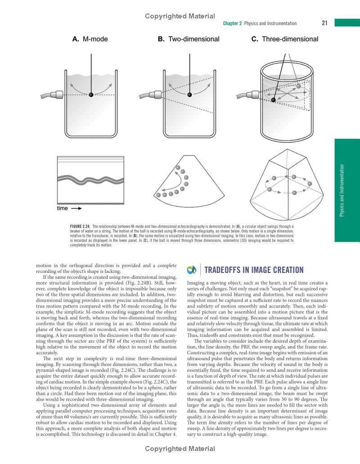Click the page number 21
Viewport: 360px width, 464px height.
point(324,23)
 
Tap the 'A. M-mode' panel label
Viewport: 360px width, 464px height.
point(90,39)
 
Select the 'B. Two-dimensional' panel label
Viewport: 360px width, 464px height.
point(189,39)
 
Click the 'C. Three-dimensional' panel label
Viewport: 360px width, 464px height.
point(284,39)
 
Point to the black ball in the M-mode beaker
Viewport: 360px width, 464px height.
point(91,94)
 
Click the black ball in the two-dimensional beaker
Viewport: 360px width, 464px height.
point(189,94)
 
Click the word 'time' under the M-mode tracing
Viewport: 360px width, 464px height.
point(63,209)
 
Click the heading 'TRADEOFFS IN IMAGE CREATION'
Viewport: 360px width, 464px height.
point(254,270)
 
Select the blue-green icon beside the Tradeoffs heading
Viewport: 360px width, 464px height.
point(192,270)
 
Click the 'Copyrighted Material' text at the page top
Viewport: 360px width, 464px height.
point(180,16)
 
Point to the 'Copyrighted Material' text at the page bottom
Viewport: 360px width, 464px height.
point(180,449)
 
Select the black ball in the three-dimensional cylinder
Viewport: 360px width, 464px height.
point(273,99)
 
